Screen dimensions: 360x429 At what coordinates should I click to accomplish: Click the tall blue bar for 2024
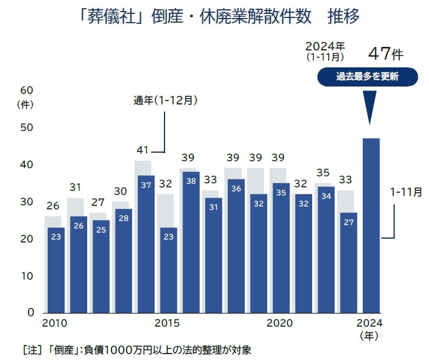[371, 226]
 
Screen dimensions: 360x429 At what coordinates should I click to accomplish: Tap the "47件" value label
[385, 54]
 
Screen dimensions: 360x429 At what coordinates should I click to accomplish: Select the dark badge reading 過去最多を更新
[367, 77]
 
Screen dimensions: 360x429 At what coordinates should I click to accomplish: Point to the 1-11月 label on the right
[406, 191]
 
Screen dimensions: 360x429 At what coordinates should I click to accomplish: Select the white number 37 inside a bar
[146, 185]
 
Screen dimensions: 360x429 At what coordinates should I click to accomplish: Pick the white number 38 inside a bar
[191, 181]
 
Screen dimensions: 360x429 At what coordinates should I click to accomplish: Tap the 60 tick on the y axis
[27, 91]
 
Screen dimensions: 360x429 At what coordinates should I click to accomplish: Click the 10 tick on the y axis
[27, 276]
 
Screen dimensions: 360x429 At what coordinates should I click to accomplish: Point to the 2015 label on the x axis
[167, 323]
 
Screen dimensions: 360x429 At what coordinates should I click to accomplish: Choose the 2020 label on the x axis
[279, 323]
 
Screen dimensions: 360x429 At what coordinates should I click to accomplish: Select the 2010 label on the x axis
[55, 323]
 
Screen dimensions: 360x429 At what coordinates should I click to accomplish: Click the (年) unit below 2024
[370, 336]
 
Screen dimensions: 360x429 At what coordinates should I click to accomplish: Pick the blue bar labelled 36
[235, 244]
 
